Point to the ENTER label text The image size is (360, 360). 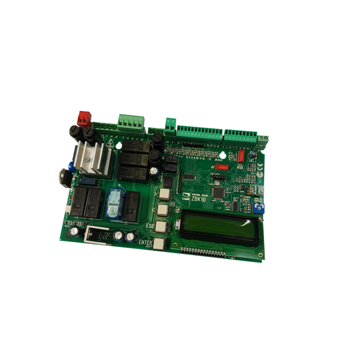pyautogui.click(x=145, y=242)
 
